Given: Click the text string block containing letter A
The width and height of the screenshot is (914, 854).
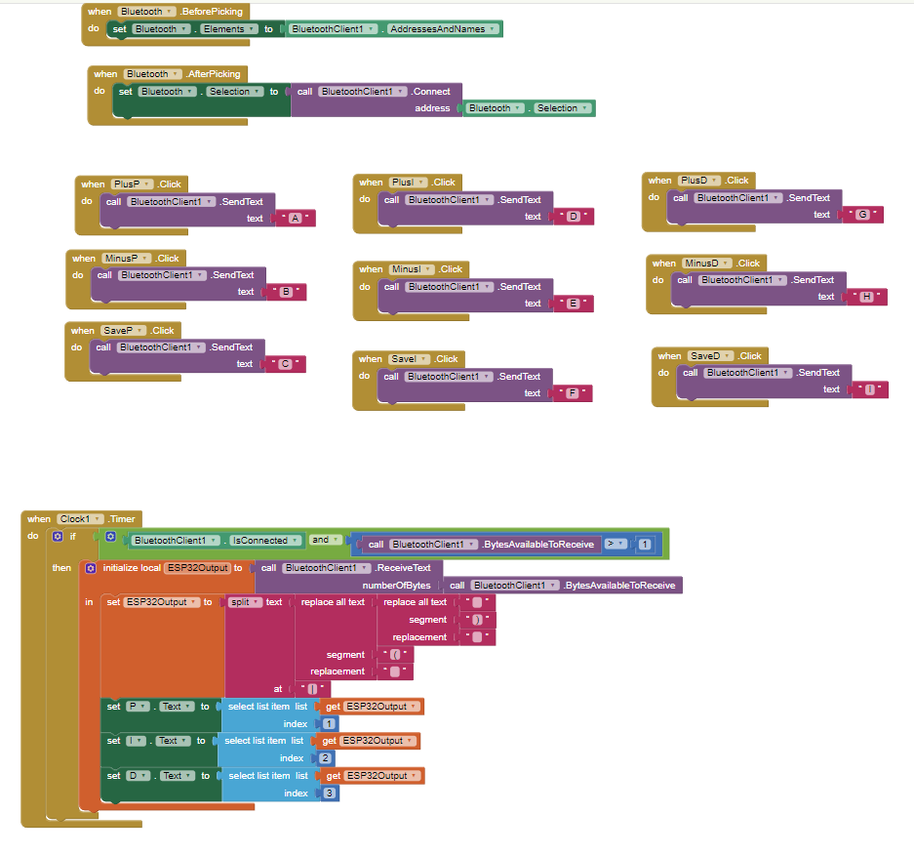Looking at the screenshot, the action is tap(296, 219).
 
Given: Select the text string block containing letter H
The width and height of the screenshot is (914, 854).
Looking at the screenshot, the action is tap(867, 297).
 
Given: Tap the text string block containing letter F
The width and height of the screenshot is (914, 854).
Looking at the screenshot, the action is tap(572, 393).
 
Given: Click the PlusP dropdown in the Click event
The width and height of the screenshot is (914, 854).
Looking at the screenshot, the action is tap(132, 184).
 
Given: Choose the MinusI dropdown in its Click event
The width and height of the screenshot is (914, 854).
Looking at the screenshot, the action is tap(411, 269).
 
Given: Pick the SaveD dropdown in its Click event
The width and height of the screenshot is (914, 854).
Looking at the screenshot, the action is tap(710, 356).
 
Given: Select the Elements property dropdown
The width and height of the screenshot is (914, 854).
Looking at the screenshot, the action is tap(229, 29).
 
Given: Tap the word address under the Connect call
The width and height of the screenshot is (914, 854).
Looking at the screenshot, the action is tap(432, 108).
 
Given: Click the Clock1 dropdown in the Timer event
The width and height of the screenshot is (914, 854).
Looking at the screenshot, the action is tap(80, 519).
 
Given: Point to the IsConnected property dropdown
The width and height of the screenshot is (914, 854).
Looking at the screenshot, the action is tap(265, 541).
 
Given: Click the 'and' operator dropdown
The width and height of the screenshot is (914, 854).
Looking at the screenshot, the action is tap(325, 540).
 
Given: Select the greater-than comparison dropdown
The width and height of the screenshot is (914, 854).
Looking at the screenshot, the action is tap(615, 544).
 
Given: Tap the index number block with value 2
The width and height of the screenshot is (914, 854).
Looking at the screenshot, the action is tap(325, 758).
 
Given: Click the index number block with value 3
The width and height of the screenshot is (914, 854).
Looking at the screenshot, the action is tap(330, 793).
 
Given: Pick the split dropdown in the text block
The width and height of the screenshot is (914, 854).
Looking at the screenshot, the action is tap(244, 602).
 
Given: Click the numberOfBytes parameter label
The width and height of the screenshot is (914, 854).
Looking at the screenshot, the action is tap(396, 586).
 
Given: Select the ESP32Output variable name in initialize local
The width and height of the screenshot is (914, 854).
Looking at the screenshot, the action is tap(198, 568).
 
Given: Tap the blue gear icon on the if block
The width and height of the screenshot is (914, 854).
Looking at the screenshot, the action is tap(58, 537).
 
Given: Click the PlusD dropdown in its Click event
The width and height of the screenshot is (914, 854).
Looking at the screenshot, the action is tap(698, 181).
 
